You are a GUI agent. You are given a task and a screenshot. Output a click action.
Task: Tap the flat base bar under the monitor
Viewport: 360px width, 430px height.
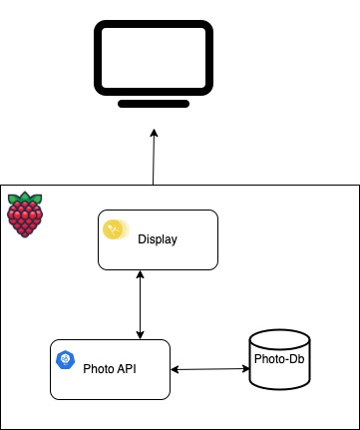click(154, 103)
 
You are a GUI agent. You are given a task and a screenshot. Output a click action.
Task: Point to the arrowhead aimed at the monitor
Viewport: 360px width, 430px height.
click(155, 132)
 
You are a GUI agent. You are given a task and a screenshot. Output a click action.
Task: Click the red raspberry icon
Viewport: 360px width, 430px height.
click(24, 215)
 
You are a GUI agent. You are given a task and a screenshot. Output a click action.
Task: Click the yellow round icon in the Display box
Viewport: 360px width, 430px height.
click(117, 229)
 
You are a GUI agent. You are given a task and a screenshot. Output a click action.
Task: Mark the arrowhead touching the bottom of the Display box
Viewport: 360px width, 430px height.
click(140, 275)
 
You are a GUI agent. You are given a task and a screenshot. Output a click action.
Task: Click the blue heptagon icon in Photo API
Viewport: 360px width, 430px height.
click(67, 359)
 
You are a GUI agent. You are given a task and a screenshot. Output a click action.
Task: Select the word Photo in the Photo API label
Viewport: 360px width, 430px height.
click(98, 368)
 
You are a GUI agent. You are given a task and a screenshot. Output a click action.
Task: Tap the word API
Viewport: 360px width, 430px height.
click(126, 368)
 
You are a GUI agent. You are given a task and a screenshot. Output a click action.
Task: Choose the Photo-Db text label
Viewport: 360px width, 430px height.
click(275, 358)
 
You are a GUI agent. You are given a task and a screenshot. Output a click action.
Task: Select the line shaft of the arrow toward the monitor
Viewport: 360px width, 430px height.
click(154, 160)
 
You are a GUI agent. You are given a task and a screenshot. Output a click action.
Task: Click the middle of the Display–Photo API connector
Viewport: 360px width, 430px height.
click(140, 304)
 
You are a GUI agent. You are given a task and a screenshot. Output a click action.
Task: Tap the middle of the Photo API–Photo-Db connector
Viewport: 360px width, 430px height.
click(209, 369)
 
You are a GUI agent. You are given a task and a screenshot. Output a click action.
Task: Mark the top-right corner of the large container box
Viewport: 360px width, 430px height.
click(358, 186)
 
